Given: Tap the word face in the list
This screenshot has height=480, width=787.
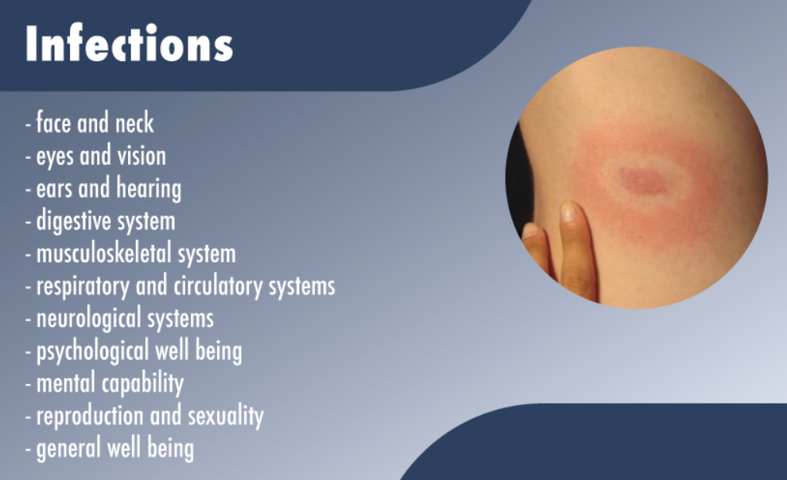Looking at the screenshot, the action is (x=54, y=123).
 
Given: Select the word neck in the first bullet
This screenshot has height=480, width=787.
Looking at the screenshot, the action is (x=134, y=123).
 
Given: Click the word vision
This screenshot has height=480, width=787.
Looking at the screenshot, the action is (x=142, y=156).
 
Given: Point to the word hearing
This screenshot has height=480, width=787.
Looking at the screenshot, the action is (x=149, y=188).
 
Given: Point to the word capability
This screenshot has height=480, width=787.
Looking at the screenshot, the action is (x=143, y=384).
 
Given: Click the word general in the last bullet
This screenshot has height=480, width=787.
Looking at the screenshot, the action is (x=68, y=449).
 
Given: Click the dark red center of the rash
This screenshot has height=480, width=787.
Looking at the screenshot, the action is (x=643, y=180).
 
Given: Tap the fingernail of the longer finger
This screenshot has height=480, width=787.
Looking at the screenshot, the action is (x=568, y=212).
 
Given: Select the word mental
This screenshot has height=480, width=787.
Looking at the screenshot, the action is (x=66, y=384).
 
